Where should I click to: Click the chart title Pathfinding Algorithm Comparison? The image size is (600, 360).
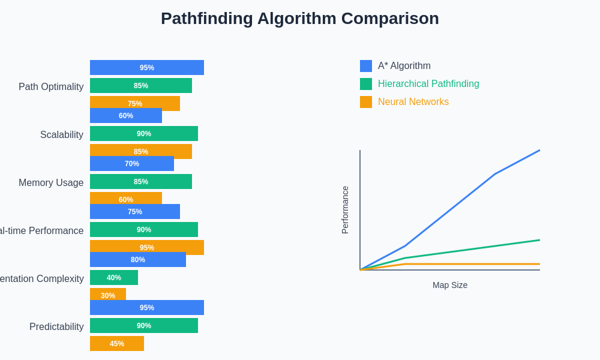click(x=299, y=19)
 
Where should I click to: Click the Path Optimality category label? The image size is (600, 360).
click(x=51, y=86)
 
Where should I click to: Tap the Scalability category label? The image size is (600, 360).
click(x=62, y=134)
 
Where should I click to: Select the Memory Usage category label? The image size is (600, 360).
click(x=51, y=182)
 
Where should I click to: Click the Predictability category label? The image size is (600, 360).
click(x=56, y=326)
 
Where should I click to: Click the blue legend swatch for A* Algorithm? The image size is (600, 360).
click(x=366, y=66)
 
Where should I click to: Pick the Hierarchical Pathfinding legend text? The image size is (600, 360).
click(x=428, y=84)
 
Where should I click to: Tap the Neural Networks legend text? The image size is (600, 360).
click(x=413, y=102)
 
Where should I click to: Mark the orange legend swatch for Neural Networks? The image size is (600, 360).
click(x=366, y=102)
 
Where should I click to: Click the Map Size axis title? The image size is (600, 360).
click(x=450, y=285)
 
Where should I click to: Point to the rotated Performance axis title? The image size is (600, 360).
click(x=345, y=210)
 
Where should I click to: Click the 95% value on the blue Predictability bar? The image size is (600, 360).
click(x=147, y=308)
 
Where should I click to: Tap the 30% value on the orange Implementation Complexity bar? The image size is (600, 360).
click(x=108, y=295)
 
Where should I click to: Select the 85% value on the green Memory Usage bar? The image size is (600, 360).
click(x=141, y=182)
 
